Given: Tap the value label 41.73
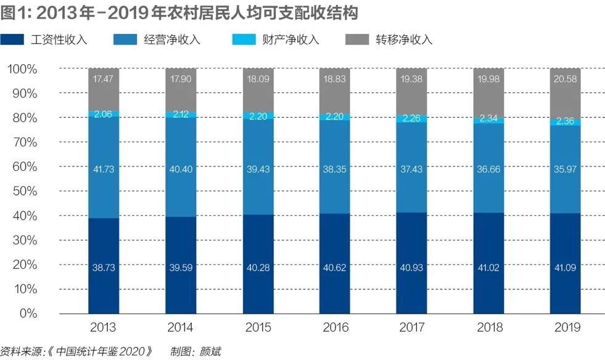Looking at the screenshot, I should tap(104, 170).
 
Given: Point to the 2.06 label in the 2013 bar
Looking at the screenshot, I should tap(104, 115).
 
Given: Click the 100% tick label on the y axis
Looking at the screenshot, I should tap(22, 69).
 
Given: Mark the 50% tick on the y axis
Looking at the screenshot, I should tap(25, 191).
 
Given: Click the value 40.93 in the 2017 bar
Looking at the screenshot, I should tap(411, 267).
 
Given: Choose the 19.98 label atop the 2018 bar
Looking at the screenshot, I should tap(488, 79).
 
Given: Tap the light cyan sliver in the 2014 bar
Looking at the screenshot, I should tap(181, 115).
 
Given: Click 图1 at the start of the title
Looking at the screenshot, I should tap(14, 12).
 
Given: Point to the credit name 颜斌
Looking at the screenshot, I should tap(209, 352).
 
